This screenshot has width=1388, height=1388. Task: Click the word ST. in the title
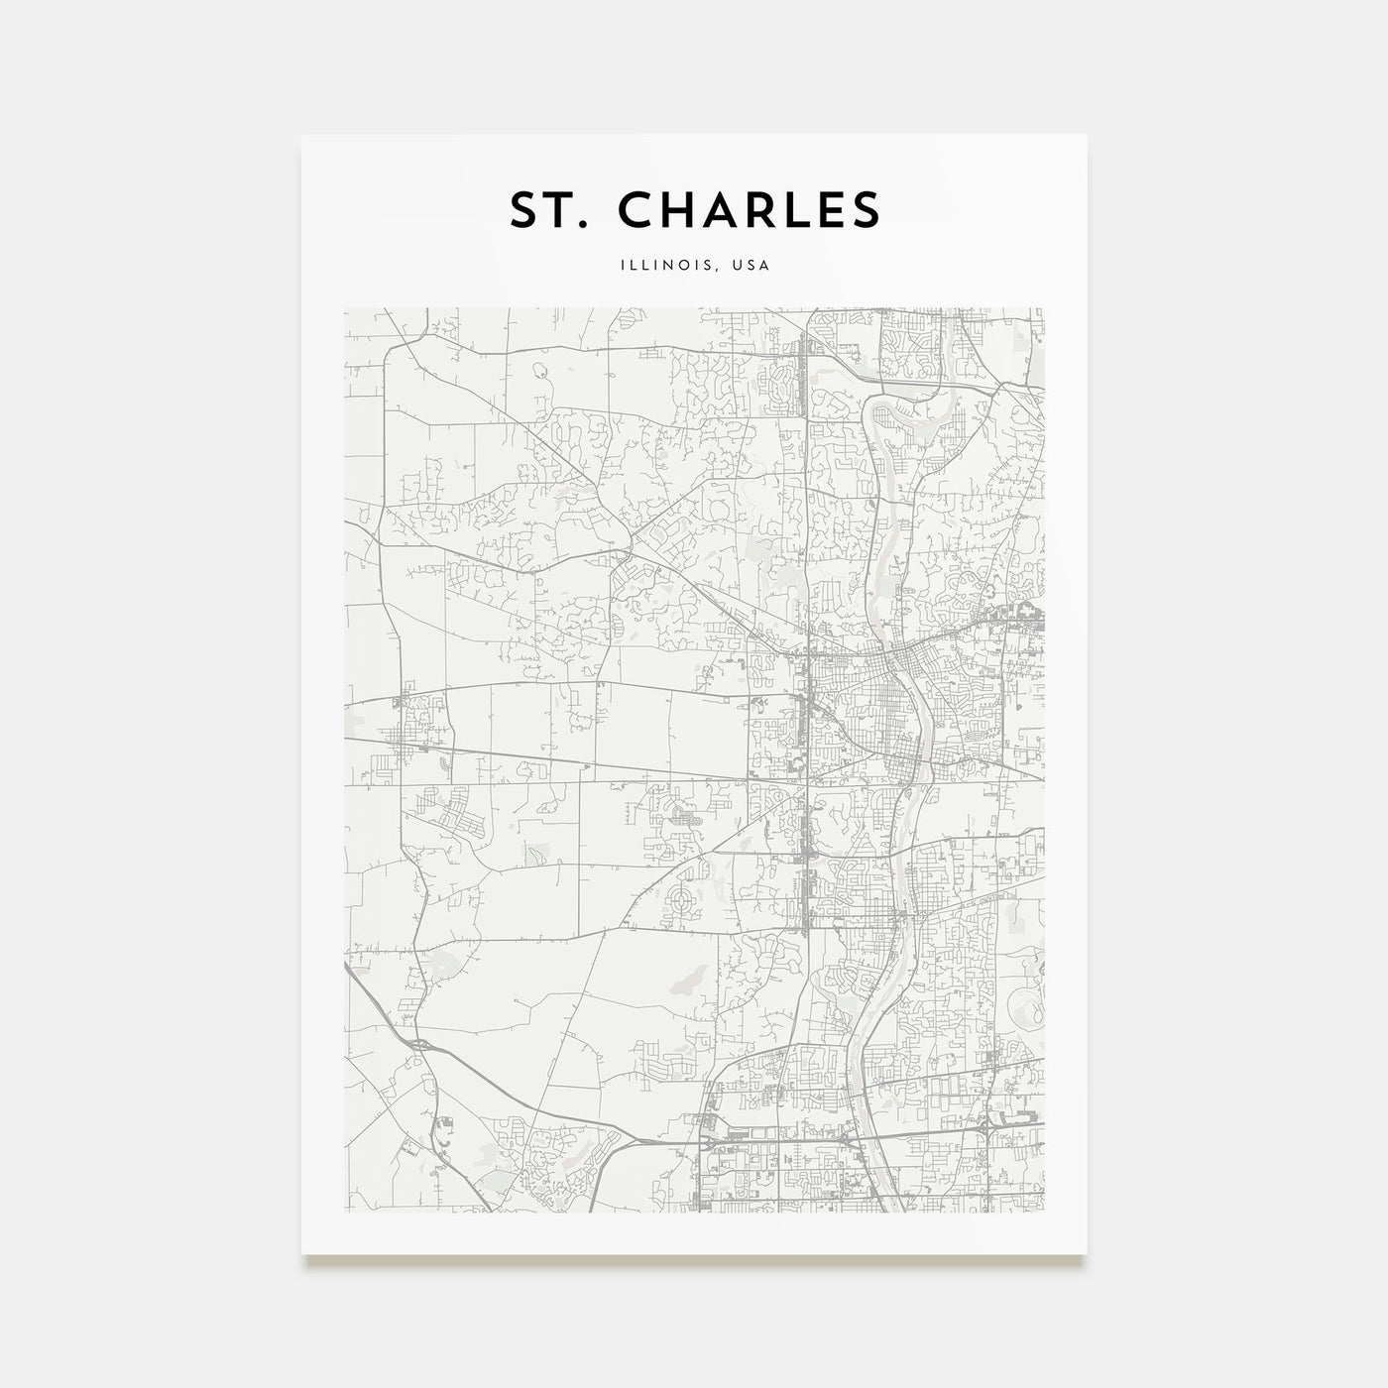click(x=551, y=209)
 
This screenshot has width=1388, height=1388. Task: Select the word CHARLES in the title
click(x=750, y=209)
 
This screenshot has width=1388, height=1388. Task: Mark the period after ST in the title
click(x=588, y=224)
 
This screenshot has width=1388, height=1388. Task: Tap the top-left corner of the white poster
click(x=302, y=135)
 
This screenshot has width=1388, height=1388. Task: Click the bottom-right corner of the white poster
click(x=1087, y=1254)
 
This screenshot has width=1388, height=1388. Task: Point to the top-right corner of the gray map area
click(x=1043, y=308)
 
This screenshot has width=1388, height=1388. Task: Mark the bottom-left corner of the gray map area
click(x=345, y=1211)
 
